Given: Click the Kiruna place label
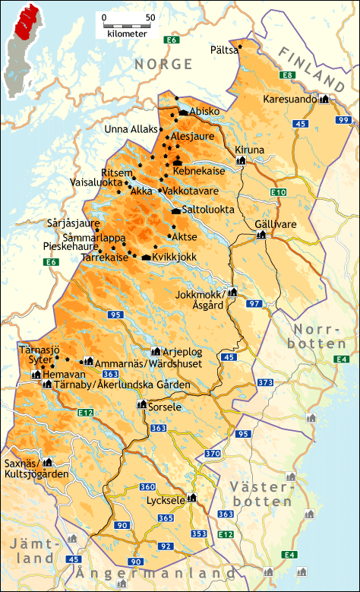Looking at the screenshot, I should (x=250, y=150).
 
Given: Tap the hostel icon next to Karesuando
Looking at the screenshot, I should (x=324, y=99).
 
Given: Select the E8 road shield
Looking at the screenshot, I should (x=286, y=74).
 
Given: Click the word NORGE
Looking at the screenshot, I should (x=163, y=65).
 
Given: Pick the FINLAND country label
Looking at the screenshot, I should (x=312, y=68).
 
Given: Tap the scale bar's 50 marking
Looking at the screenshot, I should (x=150, y=17).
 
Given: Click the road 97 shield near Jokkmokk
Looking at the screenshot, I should (x=254, y=304).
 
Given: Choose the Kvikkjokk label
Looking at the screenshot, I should (x=175, y=257).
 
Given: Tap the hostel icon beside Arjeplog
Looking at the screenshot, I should (x=156, y=352).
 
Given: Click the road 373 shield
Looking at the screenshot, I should (x=264, y=382).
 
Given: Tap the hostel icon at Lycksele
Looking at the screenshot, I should (x=191, y=499).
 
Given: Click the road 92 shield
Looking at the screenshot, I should (x=165, y=546).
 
